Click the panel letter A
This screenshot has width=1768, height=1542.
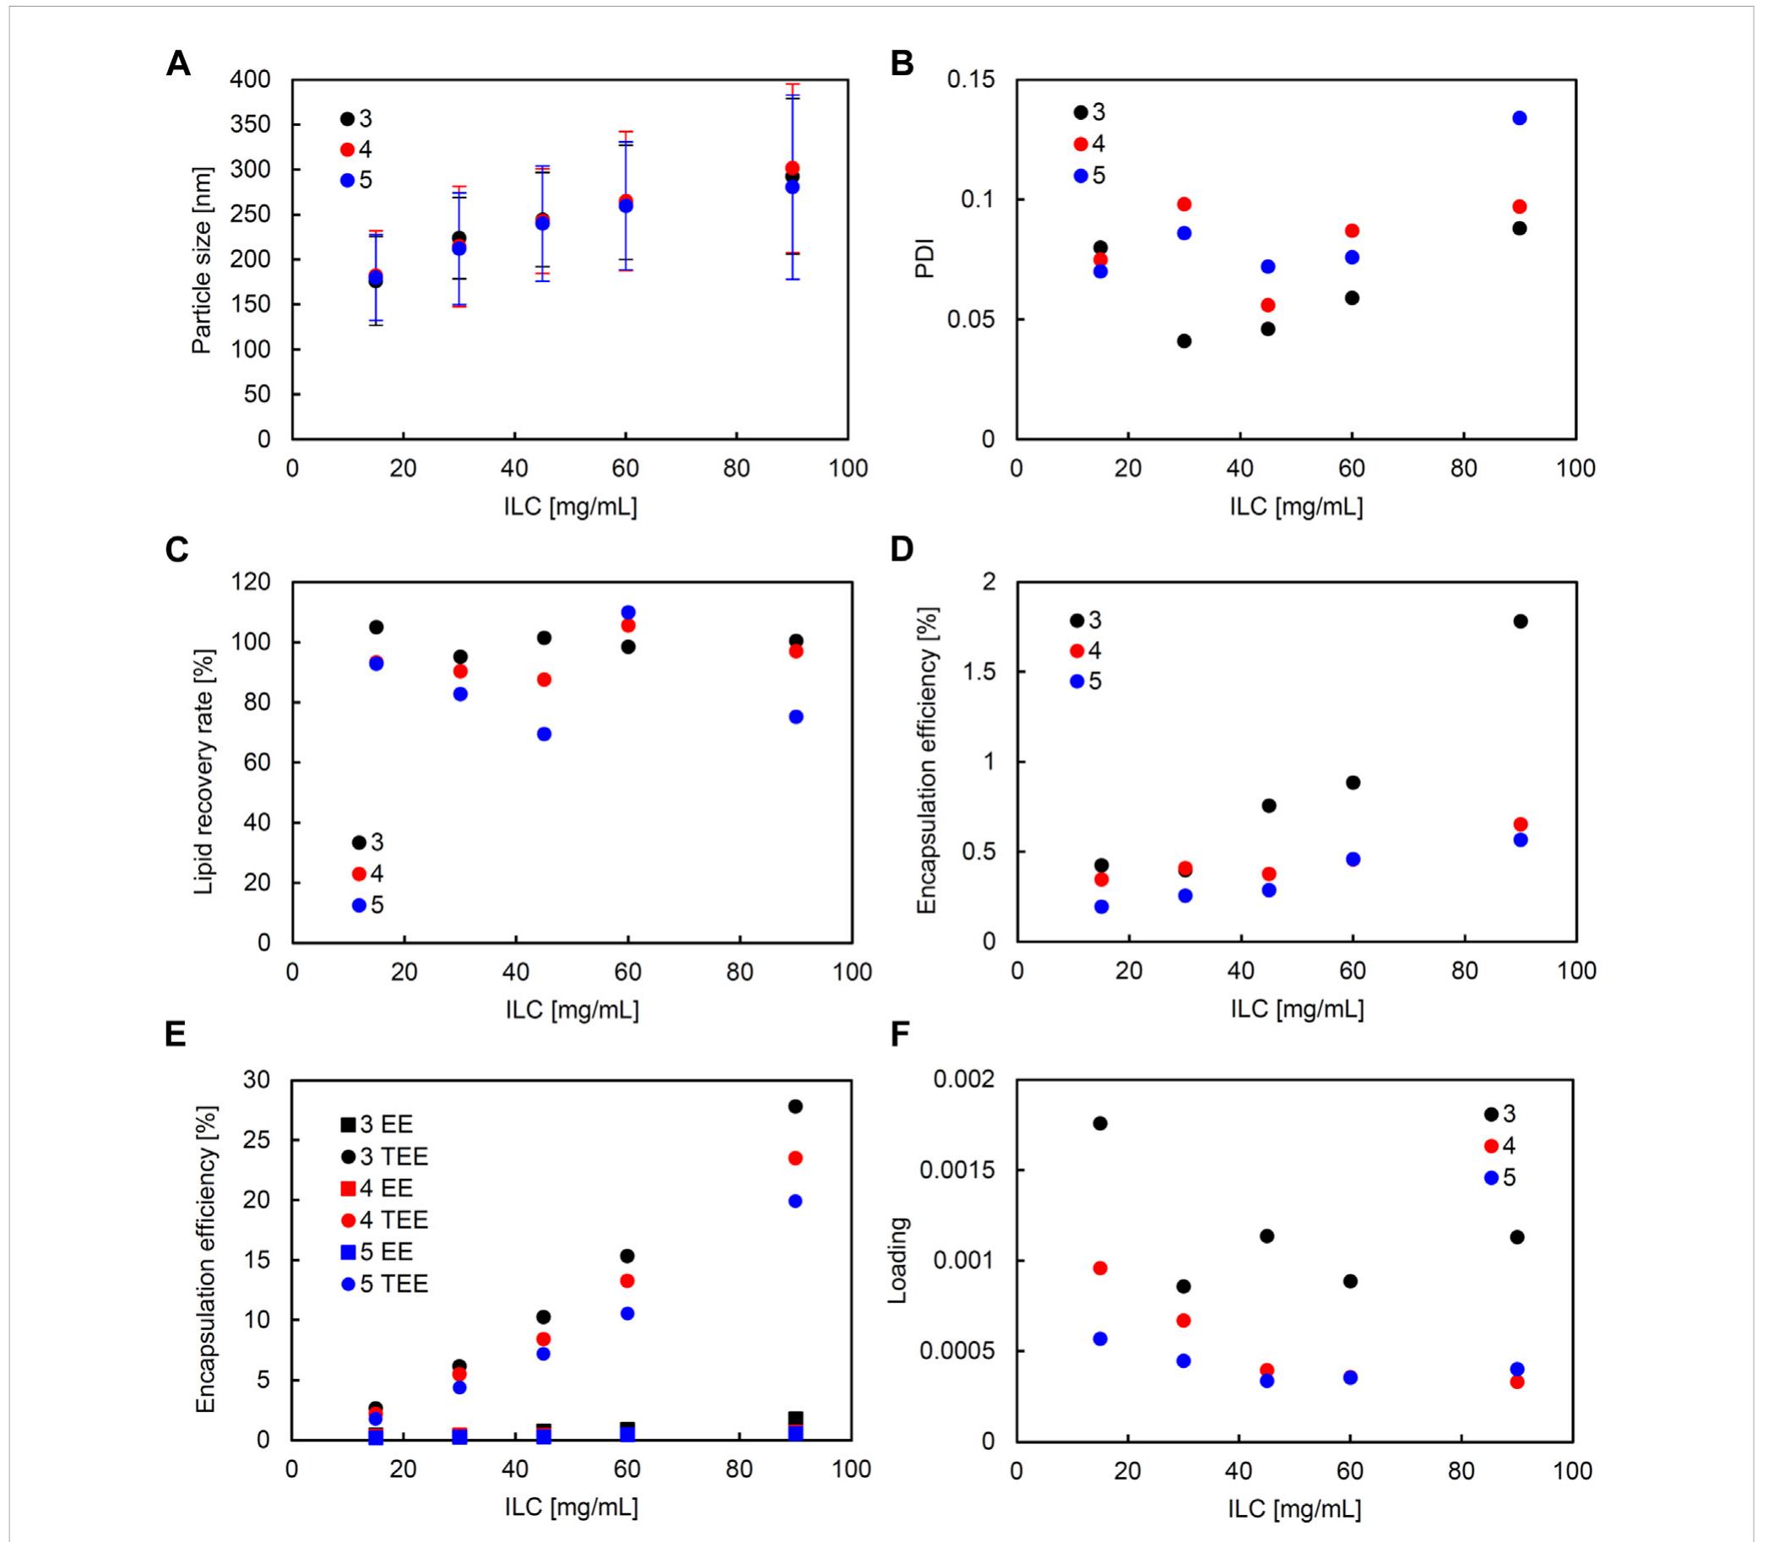pyautogui.click(x=178, y=64)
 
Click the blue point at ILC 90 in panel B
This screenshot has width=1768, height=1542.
pyautogui.click(x=1520, y=118)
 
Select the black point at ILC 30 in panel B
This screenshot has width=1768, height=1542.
pyautogui.click(x=1184, y=341)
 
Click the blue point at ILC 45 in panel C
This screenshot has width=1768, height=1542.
pyautogui.click(x=544, y=734)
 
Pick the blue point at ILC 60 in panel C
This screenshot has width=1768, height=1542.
pyautogui.click(x=628, y=613)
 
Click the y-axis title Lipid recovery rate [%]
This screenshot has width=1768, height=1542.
pyautogui.click(x=203, y=771)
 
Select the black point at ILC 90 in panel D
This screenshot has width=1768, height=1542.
pyautogui.click(x=1521, y=622)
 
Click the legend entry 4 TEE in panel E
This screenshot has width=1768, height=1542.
pyautogui.click(x=383, y=1220)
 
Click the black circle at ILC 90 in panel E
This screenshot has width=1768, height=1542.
pyautogui.click(x=795, y=1106)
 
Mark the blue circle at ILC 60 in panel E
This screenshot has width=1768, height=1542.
pyautogui.click(x=627, y=1314)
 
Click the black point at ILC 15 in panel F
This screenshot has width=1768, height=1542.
pyautogui.click(x=1099, y=1124)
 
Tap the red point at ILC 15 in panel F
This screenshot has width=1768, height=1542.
pyautogui.click(x=1099, y=1268)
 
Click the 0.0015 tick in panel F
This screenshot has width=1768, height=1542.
pyautogui.click(x=960, y=1171)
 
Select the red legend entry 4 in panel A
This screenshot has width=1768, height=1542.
pyautogui.click(x=355, y=149)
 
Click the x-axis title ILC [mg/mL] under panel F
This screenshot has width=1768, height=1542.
pyautogui.click(x=1294, y=1509)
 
